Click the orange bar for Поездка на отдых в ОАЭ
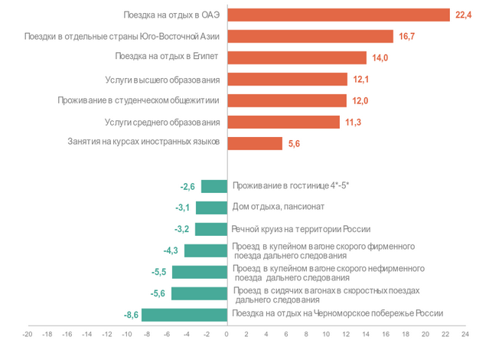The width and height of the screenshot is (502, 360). click(x=338, y=15)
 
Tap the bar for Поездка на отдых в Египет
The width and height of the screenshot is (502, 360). click(x=297, y=57)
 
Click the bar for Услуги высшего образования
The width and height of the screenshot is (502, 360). click(x=287, y=79)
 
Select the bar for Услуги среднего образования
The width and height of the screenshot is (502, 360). click(x=283, y=122)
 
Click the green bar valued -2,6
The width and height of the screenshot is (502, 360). click(x=214, y=186)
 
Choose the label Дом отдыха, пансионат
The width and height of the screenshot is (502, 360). click(x=279, y=207)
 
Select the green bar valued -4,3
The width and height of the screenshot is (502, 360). click(x=206, y=250)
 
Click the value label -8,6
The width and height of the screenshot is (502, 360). click(x=129, y=315)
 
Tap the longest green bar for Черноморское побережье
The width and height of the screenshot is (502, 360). click(x=184, y=315)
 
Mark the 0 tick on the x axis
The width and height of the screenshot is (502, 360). click(x=227, y=335)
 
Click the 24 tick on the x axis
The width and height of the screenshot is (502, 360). click(x=465, y=335)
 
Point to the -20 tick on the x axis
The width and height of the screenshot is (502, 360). click(x=28, y=335)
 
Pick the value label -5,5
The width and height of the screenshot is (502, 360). click(x=160, y=272)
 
